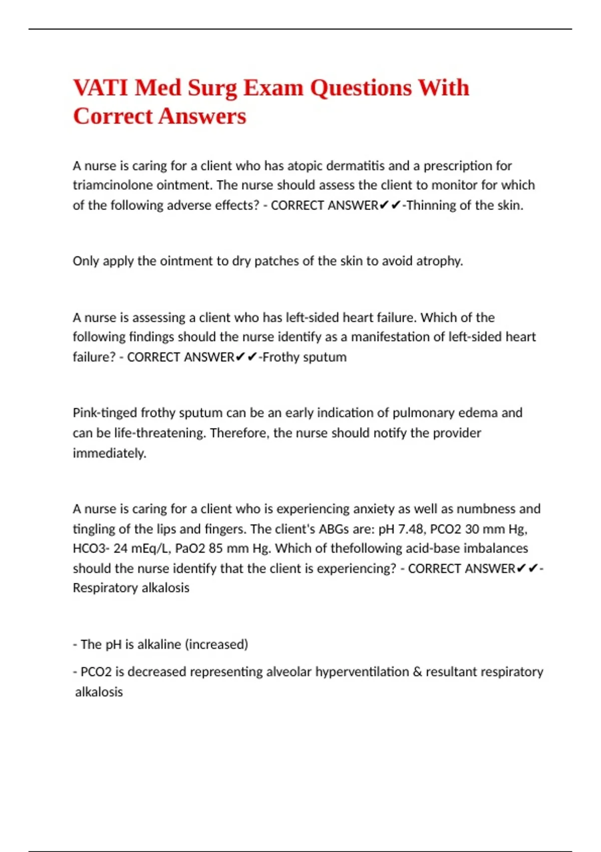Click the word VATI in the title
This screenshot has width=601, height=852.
[101, 88]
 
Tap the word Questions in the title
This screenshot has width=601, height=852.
[361, 88]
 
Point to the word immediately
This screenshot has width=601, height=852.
[109, 453]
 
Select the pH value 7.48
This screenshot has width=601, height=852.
[410, 529]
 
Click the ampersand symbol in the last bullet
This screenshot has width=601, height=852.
[417, 672]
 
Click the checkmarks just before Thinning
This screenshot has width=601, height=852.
[390, 205]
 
